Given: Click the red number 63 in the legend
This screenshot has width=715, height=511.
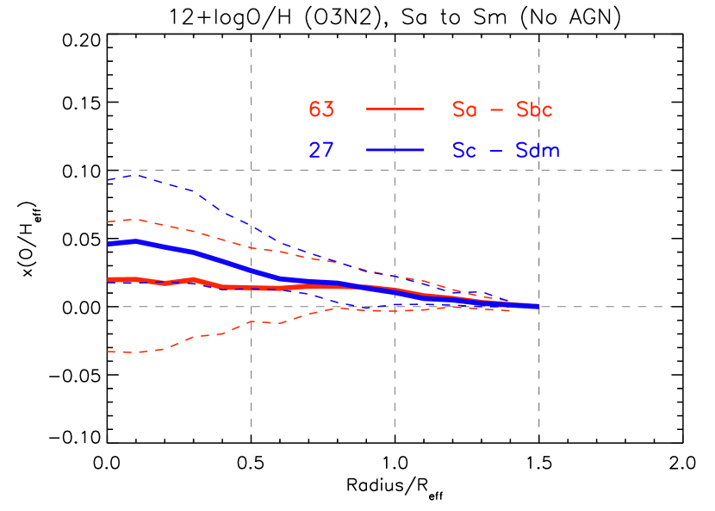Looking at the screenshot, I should coord(321,109).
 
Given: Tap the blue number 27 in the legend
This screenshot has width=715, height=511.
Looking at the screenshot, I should coord(321,150).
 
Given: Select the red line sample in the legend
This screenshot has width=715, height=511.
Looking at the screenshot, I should coord(395,109).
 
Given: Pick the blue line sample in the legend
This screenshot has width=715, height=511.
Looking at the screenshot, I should coord(395,150).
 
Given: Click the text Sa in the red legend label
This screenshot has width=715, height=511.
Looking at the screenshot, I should coord(464,109).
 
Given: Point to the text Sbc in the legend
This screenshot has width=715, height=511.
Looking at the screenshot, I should coord(534,109).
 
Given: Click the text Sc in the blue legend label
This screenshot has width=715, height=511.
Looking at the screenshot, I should coord(464,150).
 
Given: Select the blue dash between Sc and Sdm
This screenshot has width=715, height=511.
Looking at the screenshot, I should coord(497,151).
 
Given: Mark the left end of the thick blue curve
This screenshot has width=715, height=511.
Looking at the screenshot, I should coord(109,244).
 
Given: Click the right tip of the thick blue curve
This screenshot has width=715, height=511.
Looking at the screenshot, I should coord(537,307).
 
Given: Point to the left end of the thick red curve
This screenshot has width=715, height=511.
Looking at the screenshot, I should coord(109,280).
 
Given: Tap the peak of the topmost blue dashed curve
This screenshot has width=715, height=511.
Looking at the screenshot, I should coord(135,175).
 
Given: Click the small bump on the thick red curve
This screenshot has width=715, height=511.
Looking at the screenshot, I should coord(192,279).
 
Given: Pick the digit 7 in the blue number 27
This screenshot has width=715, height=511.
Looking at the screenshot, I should coord(327,150).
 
